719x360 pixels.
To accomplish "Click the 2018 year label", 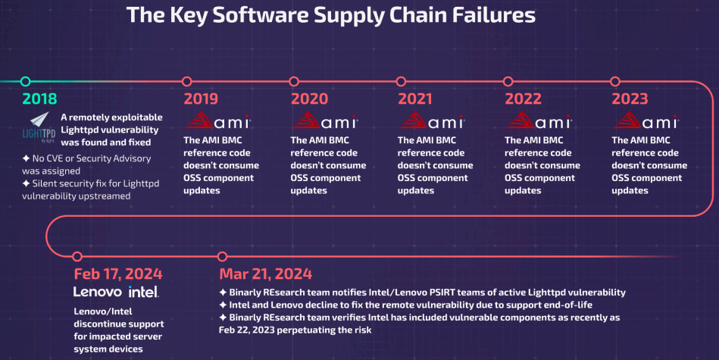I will coord(39,99).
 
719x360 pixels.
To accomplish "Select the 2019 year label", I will coord(201,99).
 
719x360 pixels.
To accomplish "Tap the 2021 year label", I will coord(415,99).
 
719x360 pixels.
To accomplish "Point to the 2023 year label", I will coord(630,99).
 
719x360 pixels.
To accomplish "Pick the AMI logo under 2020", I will coord(325,121).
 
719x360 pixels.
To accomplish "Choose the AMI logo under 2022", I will coord(539,121).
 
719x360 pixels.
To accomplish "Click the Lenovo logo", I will coord(98,292).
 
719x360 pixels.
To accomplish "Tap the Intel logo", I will coord(143,292).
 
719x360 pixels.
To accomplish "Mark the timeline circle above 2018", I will coord(26,81).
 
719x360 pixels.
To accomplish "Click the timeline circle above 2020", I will coord(295,81).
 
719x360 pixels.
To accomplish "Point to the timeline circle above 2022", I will coord(509,81).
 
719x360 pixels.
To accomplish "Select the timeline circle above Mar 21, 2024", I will coord(222,256).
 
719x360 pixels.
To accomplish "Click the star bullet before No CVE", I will coord(26,158).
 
